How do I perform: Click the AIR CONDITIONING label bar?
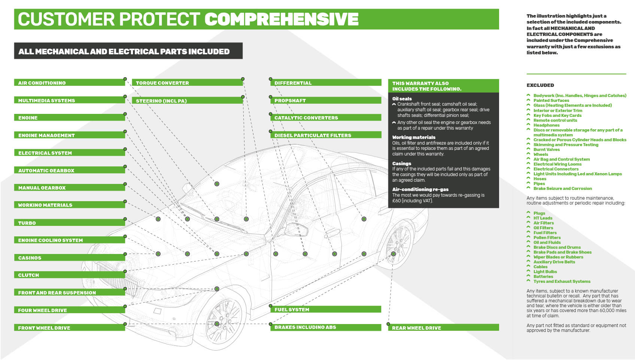[x=69, y=83]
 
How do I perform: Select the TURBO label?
[x=69, y=223]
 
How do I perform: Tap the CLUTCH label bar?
[x=69, y=275]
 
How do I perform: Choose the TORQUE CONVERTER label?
[x=187, y=83]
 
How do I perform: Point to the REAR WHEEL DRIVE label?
[x=443, y=328]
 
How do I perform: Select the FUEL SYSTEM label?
[x=325, y=309]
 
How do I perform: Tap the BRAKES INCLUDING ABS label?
[x=325, y=327]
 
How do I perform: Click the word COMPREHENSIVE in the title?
[x=282, y=19]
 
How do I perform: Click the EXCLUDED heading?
[x=540, y=85]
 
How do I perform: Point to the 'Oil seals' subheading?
[x=402, y=99]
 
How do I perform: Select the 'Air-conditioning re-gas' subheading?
[x=420, y=190]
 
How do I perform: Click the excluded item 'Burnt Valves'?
[x=546, y=149]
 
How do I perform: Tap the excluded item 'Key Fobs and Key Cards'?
[x=557, y=115]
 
